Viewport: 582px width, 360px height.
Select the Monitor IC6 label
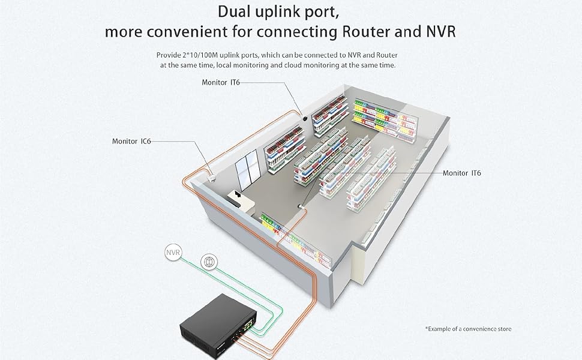[x=131, y=142]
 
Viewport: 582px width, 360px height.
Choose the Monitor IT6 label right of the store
[x=462, y=173]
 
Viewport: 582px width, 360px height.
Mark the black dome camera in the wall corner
[x=305, y=119]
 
